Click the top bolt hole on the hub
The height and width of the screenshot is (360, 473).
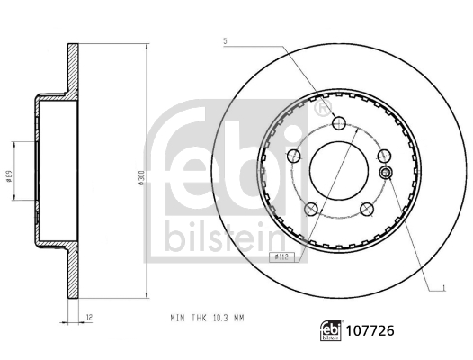[338, 125]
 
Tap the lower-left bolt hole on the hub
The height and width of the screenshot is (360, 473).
[311, 209]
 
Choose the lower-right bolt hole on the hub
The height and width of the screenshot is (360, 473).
[365, 209]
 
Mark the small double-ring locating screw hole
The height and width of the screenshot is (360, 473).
[385, 173]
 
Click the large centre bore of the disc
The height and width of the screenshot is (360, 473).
[338, 171]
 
